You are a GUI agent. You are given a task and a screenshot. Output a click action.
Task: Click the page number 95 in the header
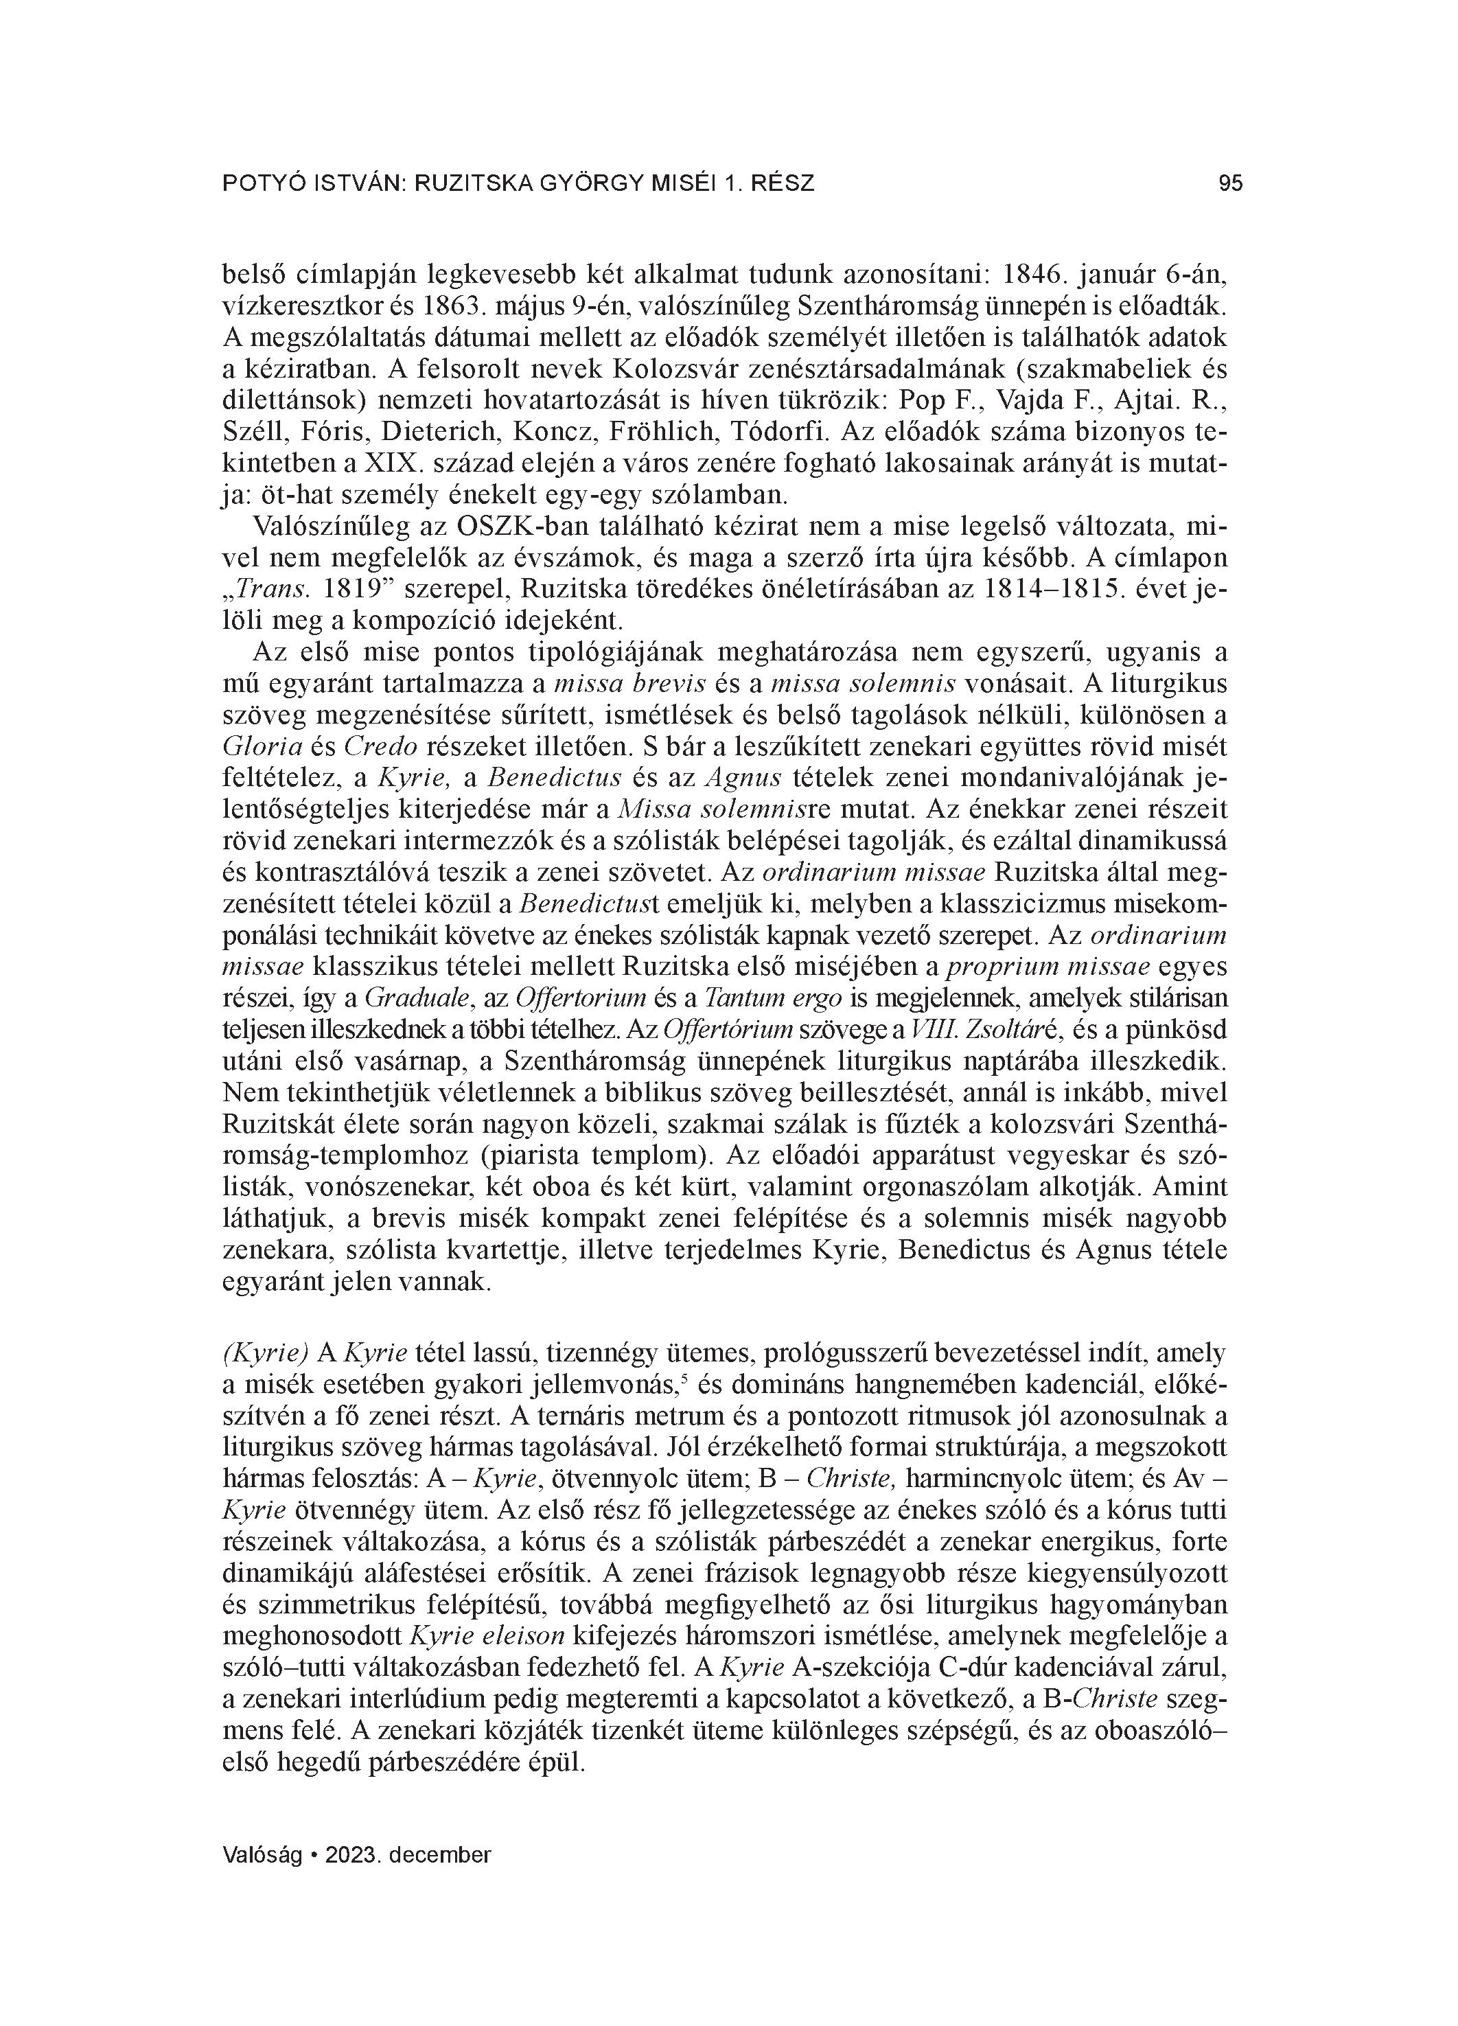click(1230, 184)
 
